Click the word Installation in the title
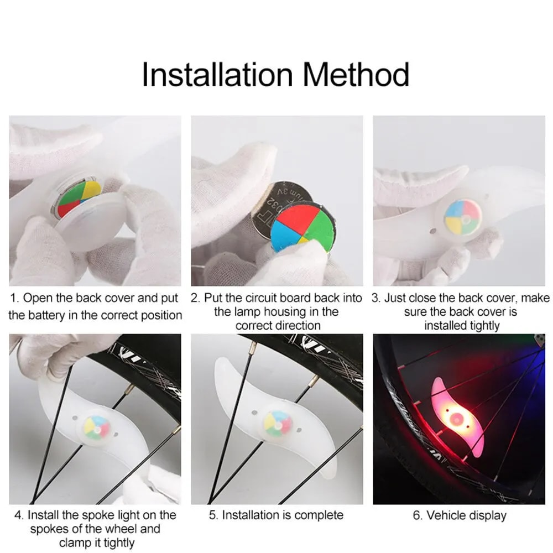(x=216, y=75)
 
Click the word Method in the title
(x=356, y=75)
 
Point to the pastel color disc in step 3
(x=462, y=217)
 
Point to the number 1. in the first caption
(x=14, y=299)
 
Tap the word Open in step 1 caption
(x=38, y=299)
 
